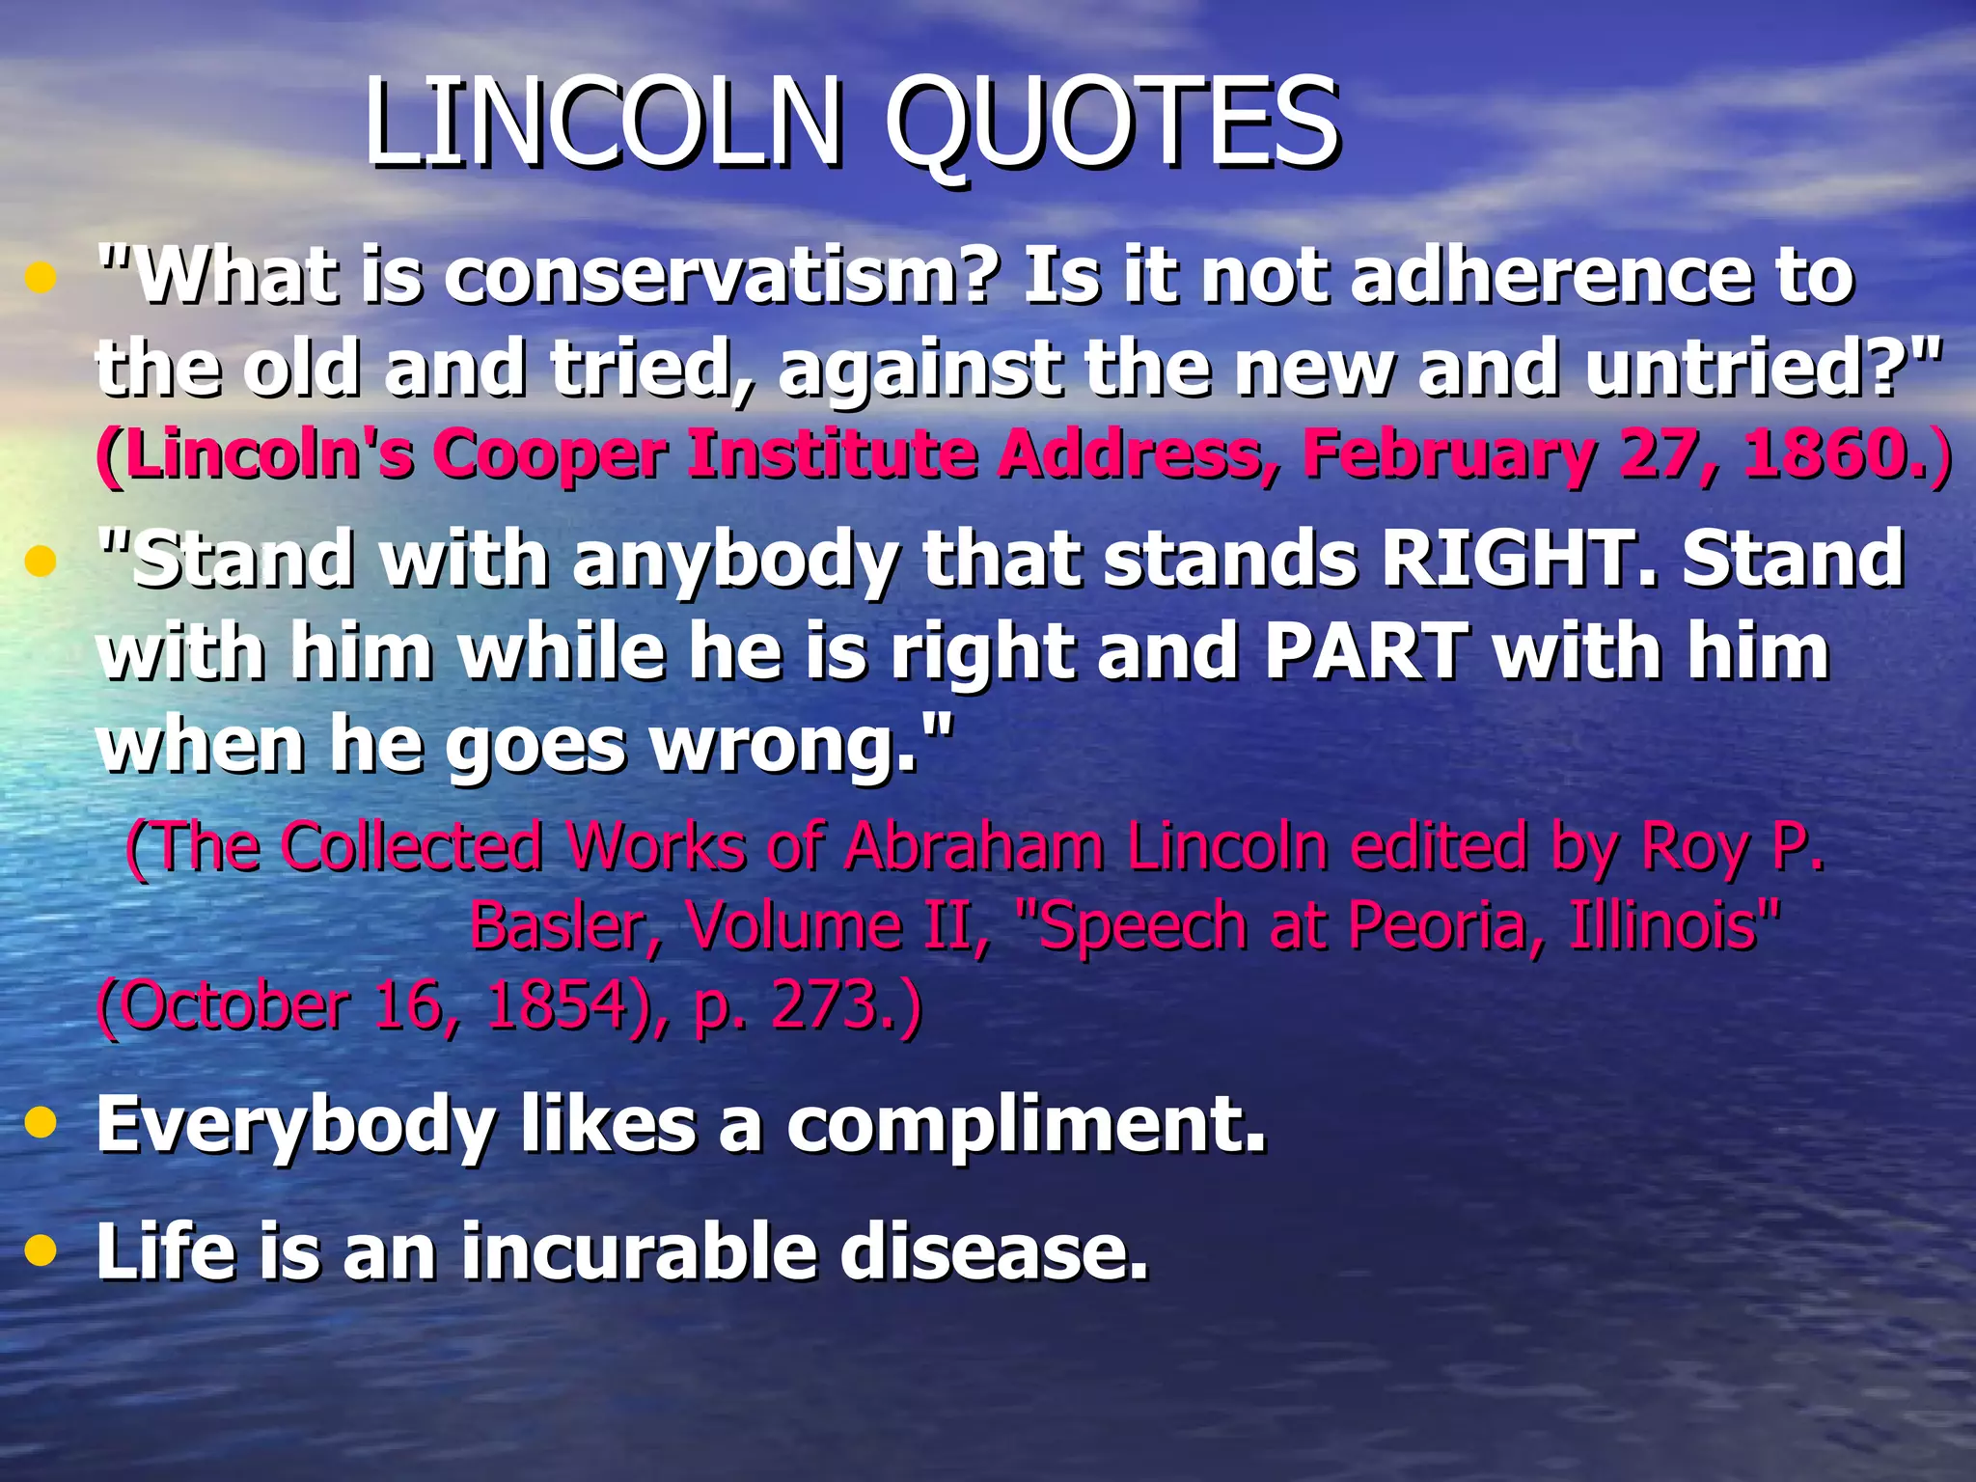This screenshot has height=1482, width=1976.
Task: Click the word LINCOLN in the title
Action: [603, 123]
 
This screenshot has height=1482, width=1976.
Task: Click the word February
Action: [1447, 453]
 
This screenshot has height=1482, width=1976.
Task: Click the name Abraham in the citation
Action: [974, 846]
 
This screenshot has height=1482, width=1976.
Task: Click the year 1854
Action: [557, 1005]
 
